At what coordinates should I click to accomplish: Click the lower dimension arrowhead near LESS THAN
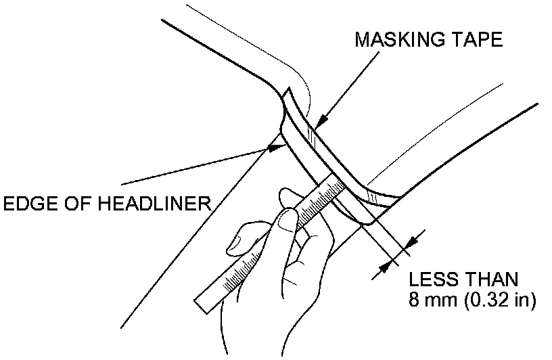click(x=386, y=267)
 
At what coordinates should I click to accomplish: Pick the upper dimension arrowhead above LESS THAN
click(x=413, y=240)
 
